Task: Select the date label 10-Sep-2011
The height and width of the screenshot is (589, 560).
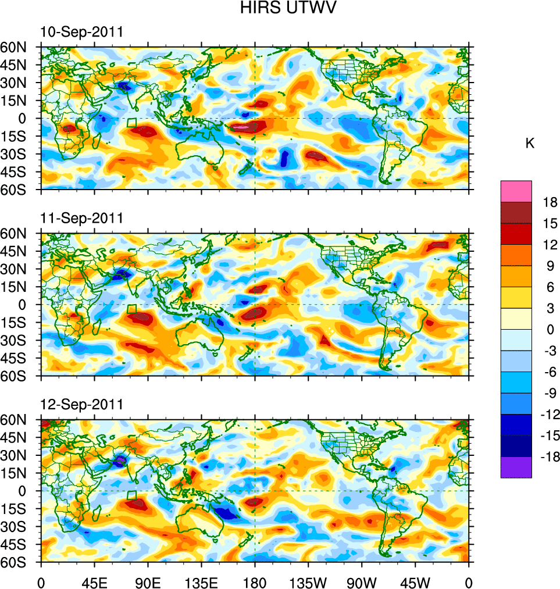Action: (x=82, y=32)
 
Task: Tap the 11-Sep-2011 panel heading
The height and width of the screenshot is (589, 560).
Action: (x=82, y=218)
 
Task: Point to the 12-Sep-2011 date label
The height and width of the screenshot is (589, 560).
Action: (x=82, y=405)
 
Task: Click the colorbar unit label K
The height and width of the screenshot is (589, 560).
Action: (x=530, y=144)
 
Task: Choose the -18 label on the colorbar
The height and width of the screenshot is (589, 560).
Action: (x=548, y=457)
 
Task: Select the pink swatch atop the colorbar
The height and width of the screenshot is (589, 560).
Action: (x=516, y=191)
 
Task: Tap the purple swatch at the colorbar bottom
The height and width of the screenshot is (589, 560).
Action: (x=516, y=467)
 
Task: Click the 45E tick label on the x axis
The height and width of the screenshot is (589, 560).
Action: (x=94, y=581)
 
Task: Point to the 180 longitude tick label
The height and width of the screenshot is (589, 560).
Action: (x=255, y=581)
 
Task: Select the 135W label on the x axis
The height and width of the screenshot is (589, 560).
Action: (x=308, y=581)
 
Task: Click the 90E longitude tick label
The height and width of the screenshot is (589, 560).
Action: (x=148, y=581)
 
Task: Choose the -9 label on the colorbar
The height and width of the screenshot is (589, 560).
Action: (x=548, y=393)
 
